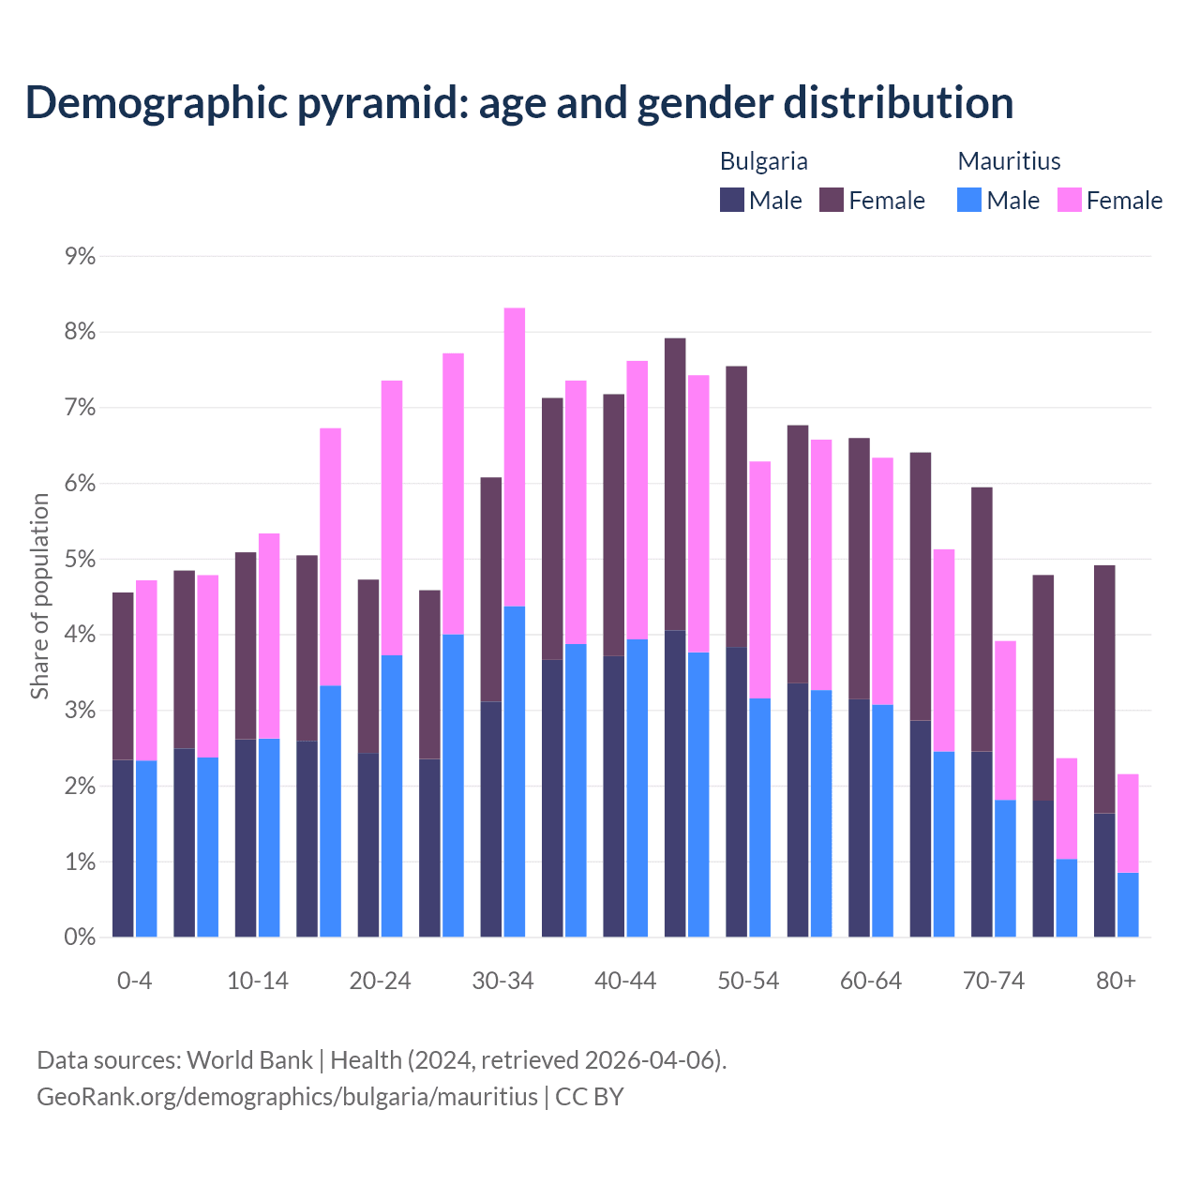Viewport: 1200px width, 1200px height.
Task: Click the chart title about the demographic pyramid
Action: click(519, 103)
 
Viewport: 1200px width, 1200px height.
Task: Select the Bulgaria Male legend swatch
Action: click(732, 200)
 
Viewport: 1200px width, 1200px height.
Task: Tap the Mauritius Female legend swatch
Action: click(1070, 200)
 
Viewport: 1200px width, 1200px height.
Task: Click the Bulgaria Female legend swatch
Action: click(832, 200)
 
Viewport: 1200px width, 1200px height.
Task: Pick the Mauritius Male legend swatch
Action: click(969, 200)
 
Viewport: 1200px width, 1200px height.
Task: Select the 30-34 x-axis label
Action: click(502, 981)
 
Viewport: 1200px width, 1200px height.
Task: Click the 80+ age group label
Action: click(1116, 981)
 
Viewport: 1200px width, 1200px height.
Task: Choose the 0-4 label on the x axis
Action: click(134, 981)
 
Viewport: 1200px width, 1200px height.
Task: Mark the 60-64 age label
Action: click(870, 981)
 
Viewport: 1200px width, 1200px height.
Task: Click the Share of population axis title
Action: click(40, 596)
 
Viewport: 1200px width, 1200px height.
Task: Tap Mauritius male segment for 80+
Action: click(1128, 905)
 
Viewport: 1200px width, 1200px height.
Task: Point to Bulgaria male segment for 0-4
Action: click(123, 848)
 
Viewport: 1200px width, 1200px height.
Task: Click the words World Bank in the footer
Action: click(249, 1060)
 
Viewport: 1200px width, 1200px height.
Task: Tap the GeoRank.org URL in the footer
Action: click(287, 1097)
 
